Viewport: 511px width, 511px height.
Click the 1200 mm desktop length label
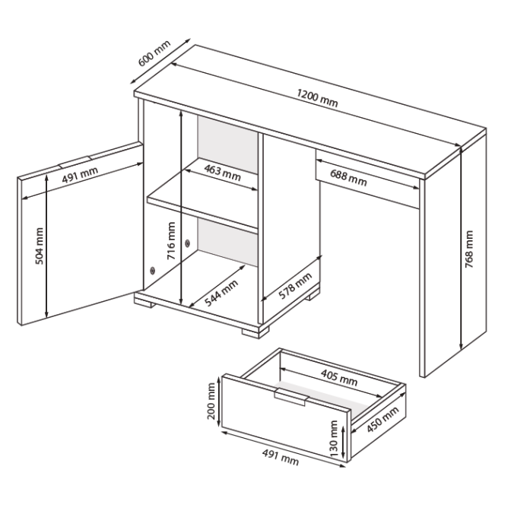317,98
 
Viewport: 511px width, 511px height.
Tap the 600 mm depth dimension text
154,53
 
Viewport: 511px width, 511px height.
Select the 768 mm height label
469,249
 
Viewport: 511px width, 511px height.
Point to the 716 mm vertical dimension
171,240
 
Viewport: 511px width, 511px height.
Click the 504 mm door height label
39,246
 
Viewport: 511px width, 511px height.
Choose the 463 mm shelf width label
223,173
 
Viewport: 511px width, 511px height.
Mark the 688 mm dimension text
348,178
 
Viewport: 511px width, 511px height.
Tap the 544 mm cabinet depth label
221,293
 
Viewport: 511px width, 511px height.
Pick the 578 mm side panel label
295,286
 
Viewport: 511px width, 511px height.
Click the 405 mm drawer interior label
339,377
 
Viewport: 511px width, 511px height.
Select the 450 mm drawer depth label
382,420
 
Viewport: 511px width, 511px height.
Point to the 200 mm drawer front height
211,401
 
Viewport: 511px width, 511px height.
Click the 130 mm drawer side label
334,438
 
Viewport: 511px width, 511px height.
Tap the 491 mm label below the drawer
281,457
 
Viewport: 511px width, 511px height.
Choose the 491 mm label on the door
80,175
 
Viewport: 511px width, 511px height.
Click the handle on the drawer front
291,397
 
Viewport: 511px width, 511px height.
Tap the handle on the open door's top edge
75,161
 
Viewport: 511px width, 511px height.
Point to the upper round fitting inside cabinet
187,243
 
